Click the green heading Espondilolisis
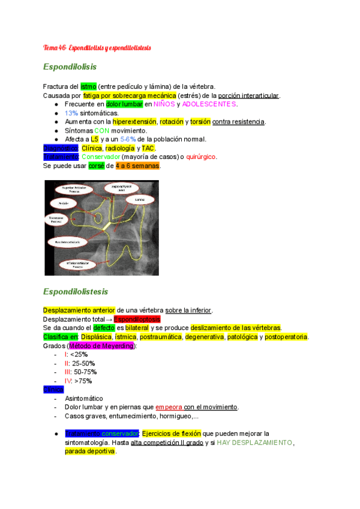click(70, 67)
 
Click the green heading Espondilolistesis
click(76, 292)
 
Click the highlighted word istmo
click(88, 87)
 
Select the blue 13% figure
click(71, 113)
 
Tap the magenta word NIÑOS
click(164, 104)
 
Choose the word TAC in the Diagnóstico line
click(148, 148)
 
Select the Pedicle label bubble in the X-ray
click(63, 203)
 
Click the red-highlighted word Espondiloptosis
click(136, 319)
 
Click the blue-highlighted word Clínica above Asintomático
click(53, 390)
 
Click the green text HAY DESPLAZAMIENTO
click(254, 442)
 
